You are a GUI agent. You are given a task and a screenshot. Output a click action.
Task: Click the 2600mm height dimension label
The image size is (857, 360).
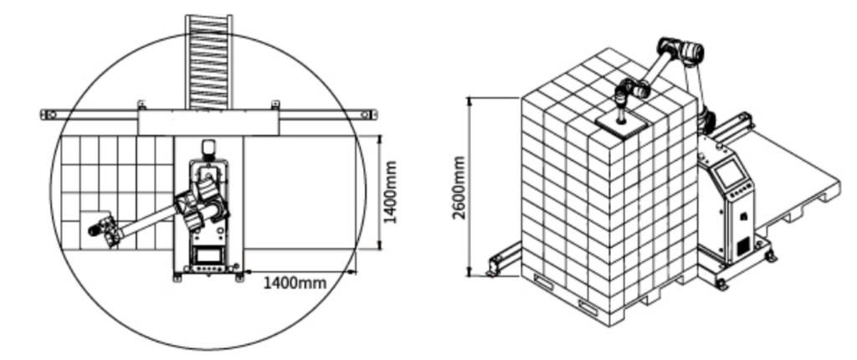(x=459, y=188)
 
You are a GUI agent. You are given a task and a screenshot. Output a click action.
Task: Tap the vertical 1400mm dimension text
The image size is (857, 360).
(x=390, y=192)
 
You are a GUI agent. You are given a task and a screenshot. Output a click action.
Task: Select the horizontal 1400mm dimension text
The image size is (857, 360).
(x=295, y=283)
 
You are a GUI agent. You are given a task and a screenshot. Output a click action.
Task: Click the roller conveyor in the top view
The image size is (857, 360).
(x=208, y=61)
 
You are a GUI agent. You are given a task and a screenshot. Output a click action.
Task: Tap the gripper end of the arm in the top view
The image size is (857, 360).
(x=103, y=229)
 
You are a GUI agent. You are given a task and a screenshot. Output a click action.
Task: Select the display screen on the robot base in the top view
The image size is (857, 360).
(x=208, y=255)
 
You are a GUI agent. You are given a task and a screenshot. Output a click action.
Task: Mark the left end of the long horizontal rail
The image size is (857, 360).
(x=43, y=115)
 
